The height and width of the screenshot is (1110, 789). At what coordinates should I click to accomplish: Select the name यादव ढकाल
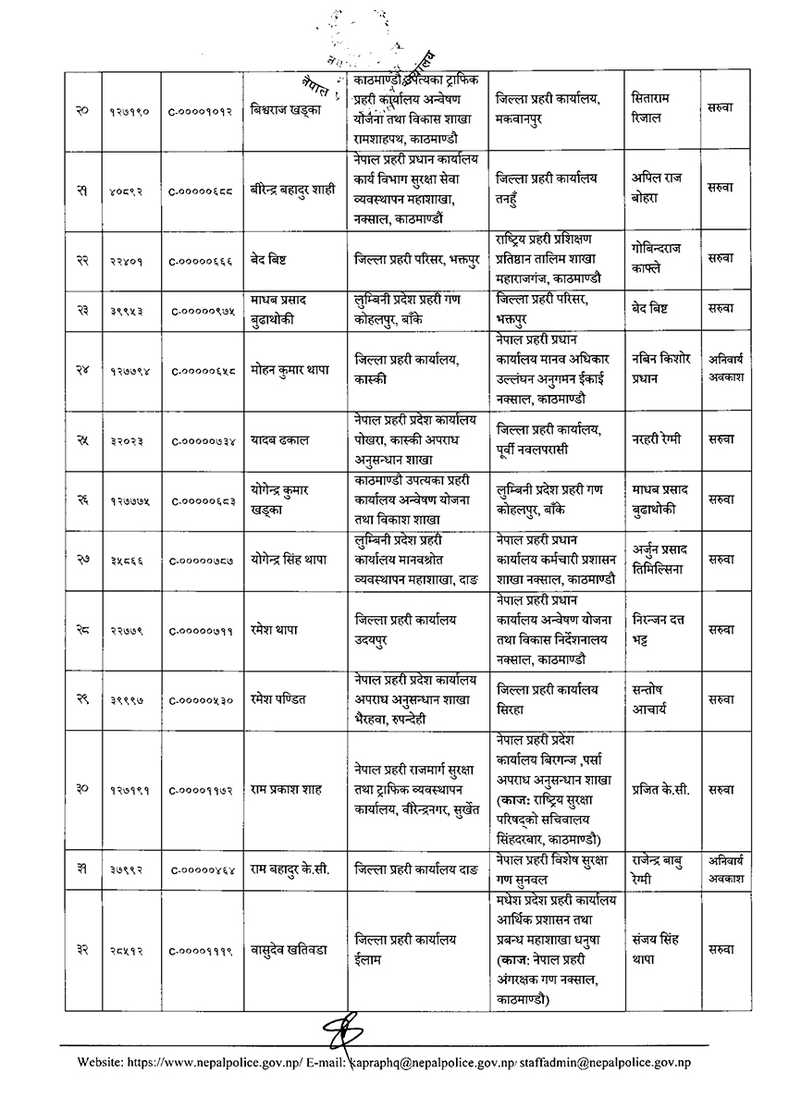pos(278,440)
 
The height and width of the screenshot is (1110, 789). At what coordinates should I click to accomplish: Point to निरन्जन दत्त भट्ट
pos(660,627)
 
